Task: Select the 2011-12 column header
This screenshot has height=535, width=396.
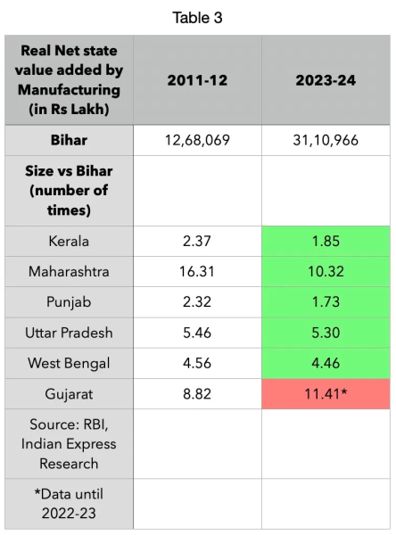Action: (197, 80)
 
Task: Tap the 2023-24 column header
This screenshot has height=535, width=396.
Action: (326, 80)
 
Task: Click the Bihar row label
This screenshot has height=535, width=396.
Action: (70, 140)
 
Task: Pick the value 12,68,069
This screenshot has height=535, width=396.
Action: (197, 140)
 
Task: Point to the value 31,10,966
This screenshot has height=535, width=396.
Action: (326, 140)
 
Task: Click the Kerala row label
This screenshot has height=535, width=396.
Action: (70, 241)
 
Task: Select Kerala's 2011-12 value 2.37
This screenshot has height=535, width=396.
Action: (197, 241)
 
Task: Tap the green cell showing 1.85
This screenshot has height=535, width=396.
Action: (326, 241)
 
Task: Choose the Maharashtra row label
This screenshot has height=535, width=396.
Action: (70, 270)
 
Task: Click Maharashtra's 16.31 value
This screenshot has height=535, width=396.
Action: (197, 270)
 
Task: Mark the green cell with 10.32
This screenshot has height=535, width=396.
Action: (326, 270)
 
